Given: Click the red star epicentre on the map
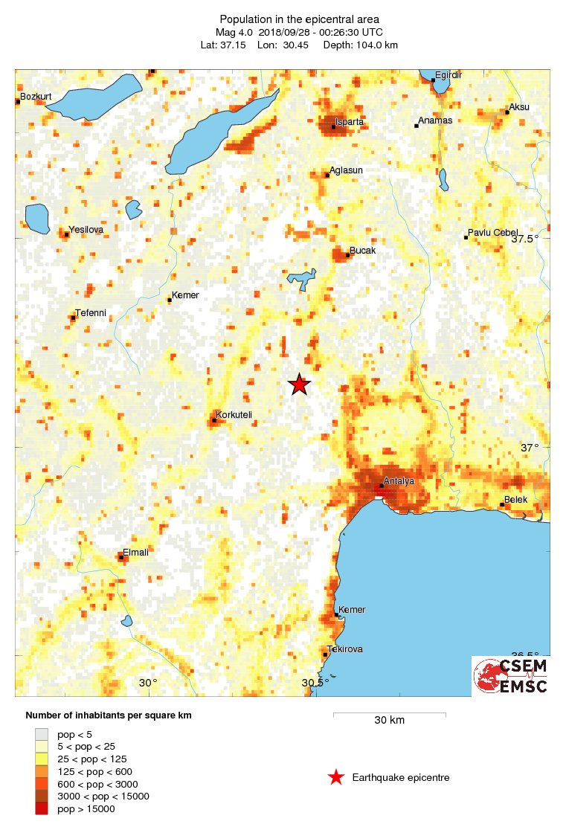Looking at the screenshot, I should pos(299,384).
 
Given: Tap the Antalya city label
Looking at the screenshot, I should pos(399,481).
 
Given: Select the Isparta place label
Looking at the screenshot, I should pos(350,121).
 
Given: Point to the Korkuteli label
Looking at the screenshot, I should pos(234,414).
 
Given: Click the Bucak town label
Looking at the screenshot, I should pos(363,251).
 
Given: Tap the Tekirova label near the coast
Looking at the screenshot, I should pos(346,649).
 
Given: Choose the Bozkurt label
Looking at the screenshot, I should pos(36,96).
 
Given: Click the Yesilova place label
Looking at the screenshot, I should pos(86,230).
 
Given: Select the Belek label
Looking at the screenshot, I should pos(515,500).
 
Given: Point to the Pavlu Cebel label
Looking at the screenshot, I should pos(493,233).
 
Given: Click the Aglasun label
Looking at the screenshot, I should pos(346,170).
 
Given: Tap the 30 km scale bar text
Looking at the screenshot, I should pos(389,721).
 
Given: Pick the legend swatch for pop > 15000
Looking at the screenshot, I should pos(42,809).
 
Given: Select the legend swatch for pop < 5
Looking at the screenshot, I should pos(42,734).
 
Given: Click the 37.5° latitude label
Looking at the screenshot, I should pos(525,239).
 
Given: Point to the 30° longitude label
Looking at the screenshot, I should pos(148,683).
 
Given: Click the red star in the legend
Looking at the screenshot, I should pos(336,778).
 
